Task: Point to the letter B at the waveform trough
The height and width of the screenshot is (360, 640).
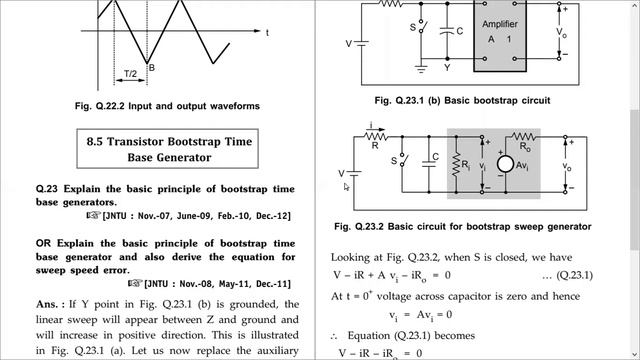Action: coord(152,67)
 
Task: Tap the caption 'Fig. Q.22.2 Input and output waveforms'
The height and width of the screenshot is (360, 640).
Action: coord(167,105)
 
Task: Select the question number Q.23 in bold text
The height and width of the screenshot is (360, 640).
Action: coord(47,187)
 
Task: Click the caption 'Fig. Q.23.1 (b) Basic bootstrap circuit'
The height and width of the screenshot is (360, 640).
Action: coord(463,100)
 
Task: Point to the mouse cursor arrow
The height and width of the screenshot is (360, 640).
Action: coord(345,186)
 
